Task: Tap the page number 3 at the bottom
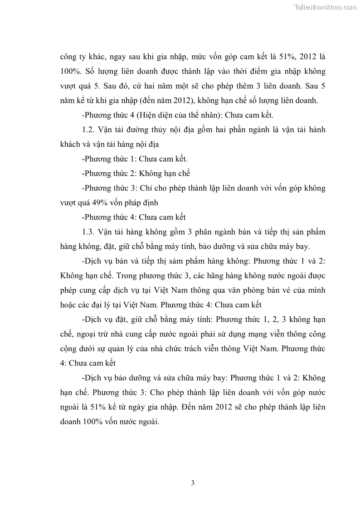coord(193,483)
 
